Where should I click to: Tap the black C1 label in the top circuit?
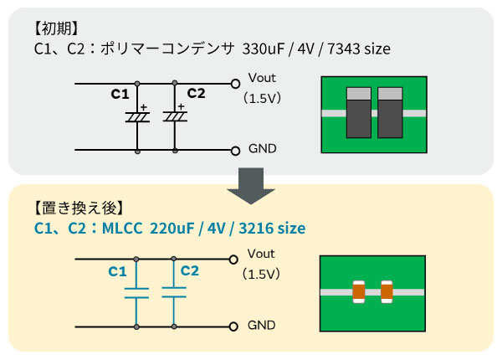click(x=120, y=93)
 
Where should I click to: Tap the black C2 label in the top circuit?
click(x=196, y=93)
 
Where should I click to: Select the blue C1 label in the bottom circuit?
click(x=118, y=272)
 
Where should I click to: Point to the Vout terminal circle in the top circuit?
click(x=236, y=84)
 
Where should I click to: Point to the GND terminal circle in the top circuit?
click(x=236, y=151)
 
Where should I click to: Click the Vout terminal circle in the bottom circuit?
click(x=236, y=260)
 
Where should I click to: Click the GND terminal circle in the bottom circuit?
click(x=236, y=327)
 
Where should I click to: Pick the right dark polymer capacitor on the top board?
click(x=391, y=112)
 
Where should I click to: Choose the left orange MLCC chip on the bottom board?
click(x=359, y=291)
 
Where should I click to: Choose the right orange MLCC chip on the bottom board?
click(x=387, y=291)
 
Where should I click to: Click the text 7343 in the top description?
click(x=344, y=49)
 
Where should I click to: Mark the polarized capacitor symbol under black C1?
click(x=136, y=118)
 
